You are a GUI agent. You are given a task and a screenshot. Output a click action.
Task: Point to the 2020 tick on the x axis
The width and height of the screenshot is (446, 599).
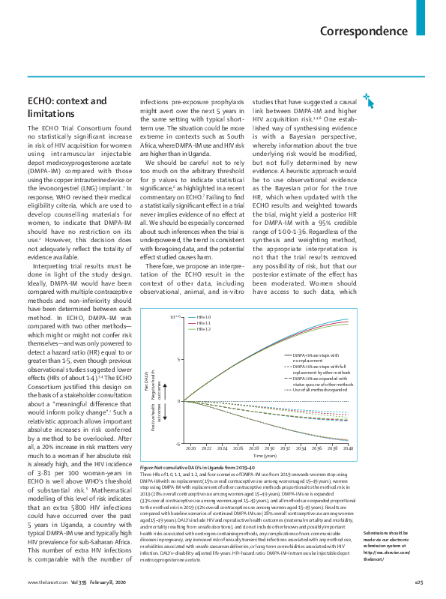tap(190, 448)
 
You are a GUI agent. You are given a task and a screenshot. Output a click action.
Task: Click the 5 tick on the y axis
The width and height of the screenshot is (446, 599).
tap(180, 358)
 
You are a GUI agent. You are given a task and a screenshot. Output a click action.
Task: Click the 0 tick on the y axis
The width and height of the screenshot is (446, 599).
tap(180, 401)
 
